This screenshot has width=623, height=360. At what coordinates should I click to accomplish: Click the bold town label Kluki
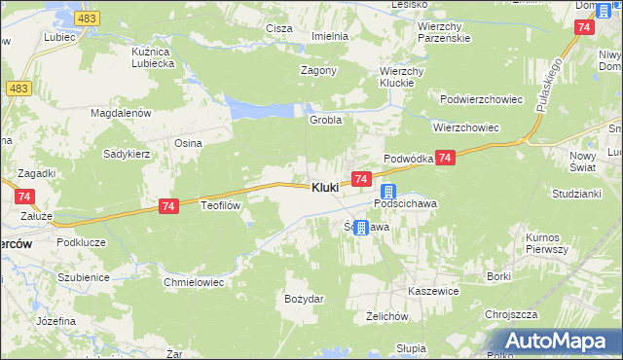[x=325, y=187]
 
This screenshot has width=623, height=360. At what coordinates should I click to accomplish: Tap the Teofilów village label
[x=219, y=206]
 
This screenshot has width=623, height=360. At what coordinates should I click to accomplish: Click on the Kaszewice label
[x=433, y=291]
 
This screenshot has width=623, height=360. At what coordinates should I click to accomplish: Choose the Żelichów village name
[x=385, y=316]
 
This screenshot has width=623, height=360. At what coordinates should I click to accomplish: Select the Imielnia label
[x=330, y=36]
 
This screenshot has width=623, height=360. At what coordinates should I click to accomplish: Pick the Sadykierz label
[x=127, y=154]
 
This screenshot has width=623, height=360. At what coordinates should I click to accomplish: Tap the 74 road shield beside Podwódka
[x=445, y=158]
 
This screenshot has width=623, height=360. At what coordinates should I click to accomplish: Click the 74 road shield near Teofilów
[x=168, y=206]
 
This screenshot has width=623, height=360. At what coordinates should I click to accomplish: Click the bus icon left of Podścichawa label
[x=387, y=192]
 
